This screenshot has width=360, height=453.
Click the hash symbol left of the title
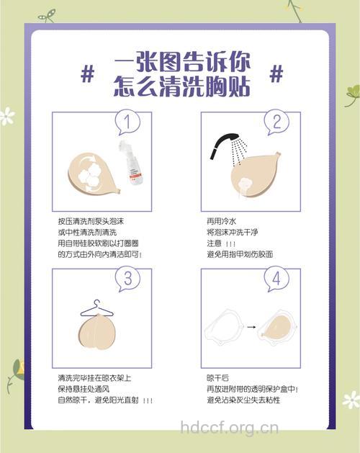(88, 73)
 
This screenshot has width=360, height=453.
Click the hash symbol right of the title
(276, 73)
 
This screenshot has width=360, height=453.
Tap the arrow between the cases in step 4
(251, 328)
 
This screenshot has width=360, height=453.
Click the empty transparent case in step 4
(224, 327)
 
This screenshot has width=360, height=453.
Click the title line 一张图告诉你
(181, 63)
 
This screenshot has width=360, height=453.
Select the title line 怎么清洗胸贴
(181, 86)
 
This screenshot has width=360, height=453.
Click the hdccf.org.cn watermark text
(230, 430)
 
